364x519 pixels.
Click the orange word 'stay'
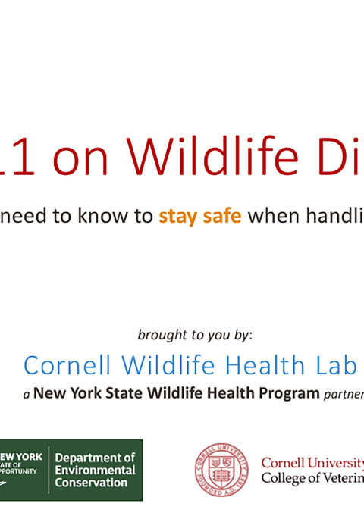(177, 217)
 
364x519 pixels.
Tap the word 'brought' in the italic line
(161, 334)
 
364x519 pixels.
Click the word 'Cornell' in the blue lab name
(67, 365)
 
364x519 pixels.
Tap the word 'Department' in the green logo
(95, 458)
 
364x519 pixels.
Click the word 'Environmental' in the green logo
(95, 471)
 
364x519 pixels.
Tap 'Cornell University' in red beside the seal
(312, 462)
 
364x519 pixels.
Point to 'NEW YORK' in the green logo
(22, 456)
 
